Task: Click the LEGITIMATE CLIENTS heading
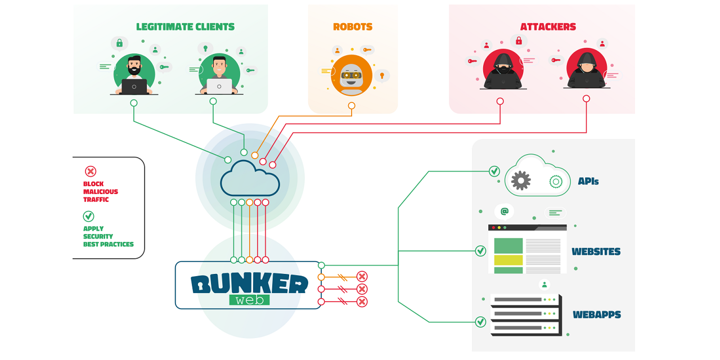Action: [x=185, y=27]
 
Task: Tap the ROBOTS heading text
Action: [x=353, y=27]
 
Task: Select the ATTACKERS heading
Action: [x=548, y=27]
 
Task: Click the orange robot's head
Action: [x=352, y=74]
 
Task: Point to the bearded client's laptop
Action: [x=134, y=87]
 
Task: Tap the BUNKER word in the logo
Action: [x=249, y=284]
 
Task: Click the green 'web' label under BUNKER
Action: [x=249, y=300]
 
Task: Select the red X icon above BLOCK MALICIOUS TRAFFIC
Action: [x=90, y=171]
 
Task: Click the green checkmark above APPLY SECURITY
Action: [x=88, y=216]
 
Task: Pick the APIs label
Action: [x=588, y=182]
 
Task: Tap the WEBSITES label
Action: [x=596, y=251]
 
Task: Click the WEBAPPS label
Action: [x=596, y=314]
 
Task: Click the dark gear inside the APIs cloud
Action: [x=521, y=181]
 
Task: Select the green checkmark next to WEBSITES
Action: [x=480, y=251]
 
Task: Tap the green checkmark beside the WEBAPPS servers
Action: [x=480, y=322]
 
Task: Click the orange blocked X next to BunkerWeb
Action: [x=362, y=276]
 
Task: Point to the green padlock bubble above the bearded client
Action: [x=119, y=43]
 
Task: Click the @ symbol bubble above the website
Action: [x=505, y=211]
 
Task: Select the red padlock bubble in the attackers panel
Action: [x=519, y=40]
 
